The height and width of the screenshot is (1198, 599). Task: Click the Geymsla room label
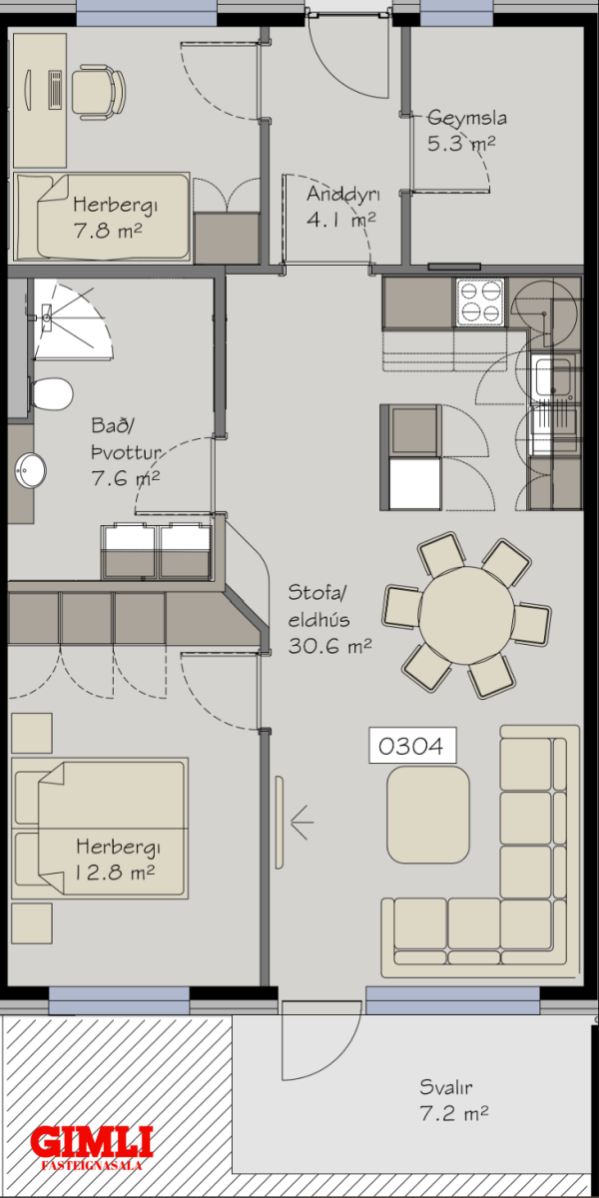coord(467,118)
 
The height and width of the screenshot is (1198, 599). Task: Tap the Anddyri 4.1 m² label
coord(342,207)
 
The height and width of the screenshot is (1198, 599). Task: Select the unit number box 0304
coord(412,745)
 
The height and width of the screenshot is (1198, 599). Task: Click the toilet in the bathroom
coord(51,394)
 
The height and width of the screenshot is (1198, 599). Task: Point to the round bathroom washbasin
coord(30,470)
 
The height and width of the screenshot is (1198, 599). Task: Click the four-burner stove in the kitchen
coord(480,302)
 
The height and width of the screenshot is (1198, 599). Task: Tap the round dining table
coord(466,615)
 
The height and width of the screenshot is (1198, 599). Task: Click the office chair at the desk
coord(99,92)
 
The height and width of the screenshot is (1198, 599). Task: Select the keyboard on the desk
coord(55,90)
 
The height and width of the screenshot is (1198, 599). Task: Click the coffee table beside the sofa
coord(428,815)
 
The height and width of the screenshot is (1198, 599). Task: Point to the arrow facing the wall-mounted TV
coord(301,822)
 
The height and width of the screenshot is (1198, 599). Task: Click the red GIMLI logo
coord(92,1142)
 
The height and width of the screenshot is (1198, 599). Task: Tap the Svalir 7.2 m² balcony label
coord(454,1100)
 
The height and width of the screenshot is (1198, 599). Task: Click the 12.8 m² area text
coord(115,873)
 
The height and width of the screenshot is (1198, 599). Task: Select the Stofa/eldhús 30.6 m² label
coord(329,619)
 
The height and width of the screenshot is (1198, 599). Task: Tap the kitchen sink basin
coord(553,376)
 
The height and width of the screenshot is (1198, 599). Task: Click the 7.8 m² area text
coord(108,231)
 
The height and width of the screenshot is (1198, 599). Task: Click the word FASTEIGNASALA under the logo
coord(92,1165)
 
